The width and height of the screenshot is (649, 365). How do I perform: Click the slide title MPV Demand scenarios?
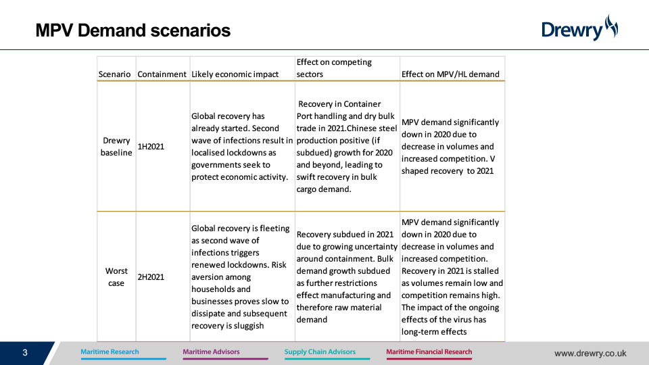133,30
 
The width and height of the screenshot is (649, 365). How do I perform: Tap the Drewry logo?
579,28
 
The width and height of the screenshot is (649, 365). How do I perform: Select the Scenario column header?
114,74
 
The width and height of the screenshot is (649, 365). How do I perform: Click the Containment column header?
162,74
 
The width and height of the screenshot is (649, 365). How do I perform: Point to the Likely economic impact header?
235,74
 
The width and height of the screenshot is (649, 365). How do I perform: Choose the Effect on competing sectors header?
334,68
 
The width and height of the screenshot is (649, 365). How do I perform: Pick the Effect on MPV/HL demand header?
450,74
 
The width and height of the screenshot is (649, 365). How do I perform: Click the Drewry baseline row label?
116,147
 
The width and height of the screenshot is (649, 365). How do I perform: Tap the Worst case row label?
116,277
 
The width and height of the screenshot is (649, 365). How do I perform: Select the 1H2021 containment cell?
151,147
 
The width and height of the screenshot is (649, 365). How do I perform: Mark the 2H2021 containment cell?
151,277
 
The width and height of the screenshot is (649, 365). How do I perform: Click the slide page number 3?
25,353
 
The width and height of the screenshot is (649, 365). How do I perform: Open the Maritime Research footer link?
110,351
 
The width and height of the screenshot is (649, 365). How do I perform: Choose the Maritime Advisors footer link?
211,351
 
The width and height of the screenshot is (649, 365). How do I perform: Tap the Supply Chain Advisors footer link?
320,351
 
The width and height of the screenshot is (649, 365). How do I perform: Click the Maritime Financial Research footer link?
429,351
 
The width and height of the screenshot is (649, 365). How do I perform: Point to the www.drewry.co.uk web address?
590,354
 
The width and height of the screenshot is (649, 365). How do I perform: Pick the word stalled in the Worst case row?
485,270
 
